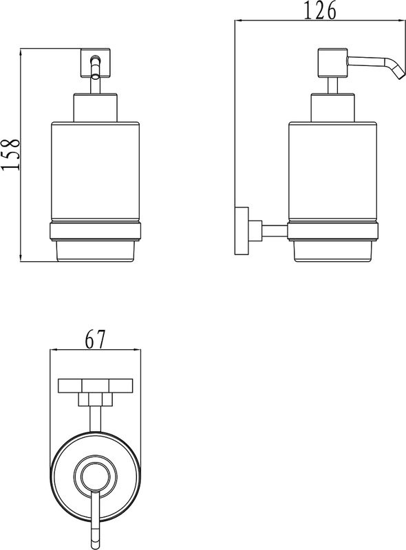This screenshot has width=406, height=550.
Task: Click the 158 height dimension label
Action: click(10, 155)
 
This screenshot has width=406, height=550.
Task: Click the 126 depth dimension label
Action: click(319, 10)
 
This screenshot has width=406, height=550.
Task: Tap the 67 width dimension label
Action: click(95, 339)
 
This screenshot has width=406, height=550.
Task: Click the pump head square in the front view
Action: click(96, 63)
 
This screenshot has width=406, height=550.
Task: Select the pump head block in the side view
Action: click(332, 63)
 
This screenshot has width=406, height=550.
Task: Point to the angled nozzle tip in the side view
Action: click(398, 73)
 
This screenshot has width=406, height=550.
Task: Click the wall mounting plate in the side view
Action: click(242, 230)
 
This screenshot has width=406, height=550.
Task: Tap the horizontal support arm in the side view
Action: click(275, 230)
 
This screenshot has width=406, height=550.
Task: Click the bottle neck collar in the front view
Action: click(95, 108)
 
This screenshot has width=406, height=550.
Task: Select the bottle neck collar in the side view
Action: click(332, 108)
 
